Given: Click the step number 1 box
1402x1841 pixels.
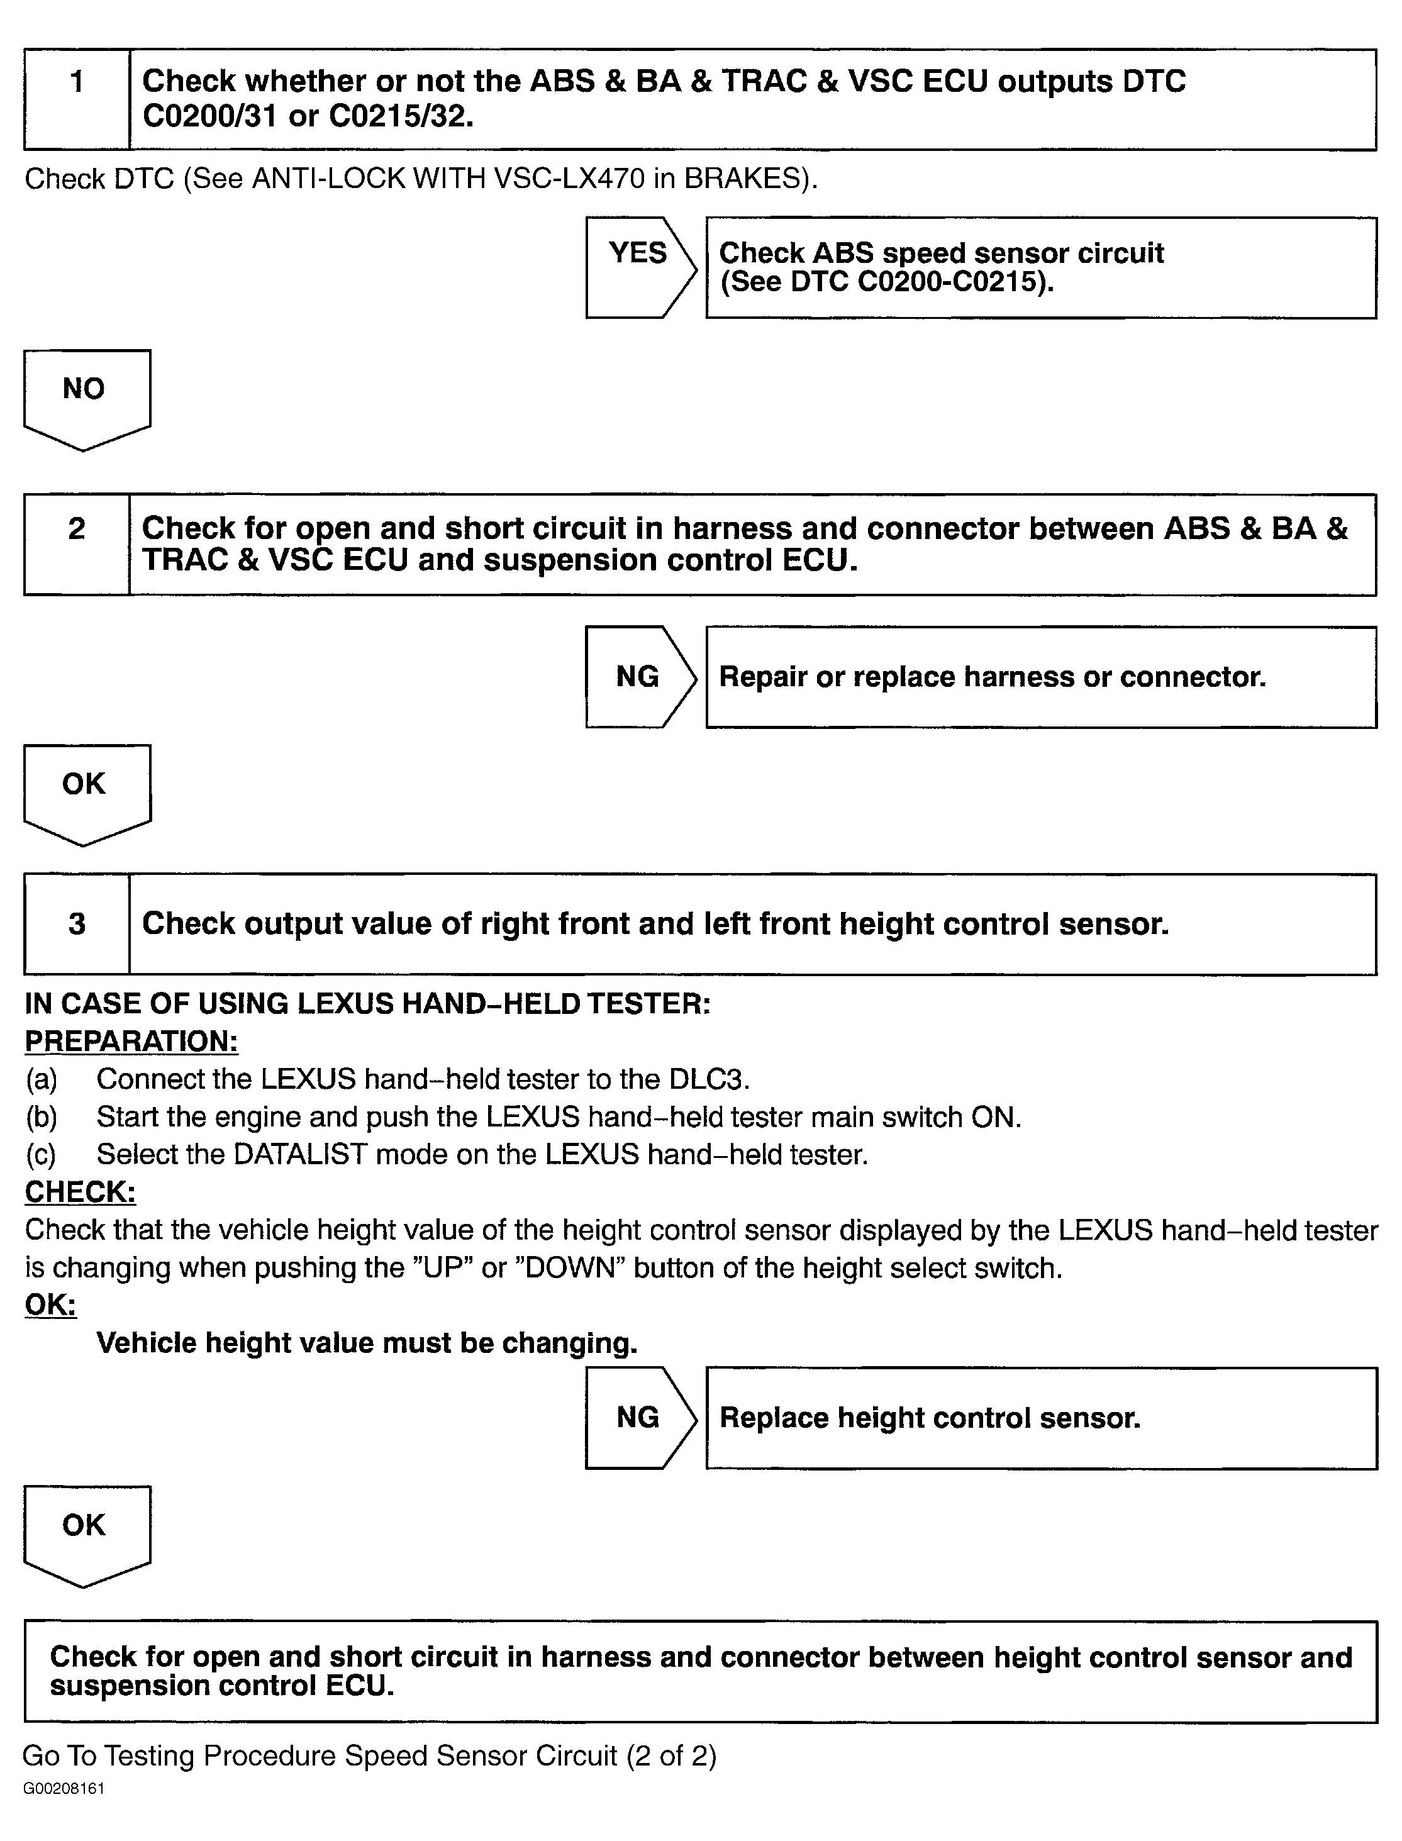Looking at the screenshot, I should (x=77, y=99).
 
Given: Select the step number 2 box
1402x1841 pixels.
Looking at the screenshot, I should (x=77, y=544).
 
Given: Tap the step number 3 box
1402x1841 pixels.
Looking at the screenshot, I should (x=77, y=924).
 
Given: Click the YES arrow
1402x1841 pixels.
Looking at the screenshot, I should (x=639, y=267).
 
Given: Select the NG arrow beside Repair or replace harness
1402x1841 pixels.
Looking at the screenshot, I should (x=639, y=677).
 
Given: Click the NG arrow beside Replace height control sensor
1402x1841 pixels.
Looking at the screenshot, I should (x=639, y=1417).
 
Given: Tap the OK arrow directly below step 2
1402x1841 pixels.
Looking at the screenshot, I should (x=87, y=792).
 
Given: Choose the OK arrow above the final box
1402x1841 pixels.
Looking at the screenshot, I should (x=87, y=1533).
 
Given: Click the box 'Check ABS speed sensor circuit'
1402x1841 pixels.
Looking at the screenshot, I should (x=1041, y=267).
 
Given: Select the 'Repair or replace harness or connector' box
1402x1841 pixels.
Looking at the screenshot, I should (x=1041, y=677).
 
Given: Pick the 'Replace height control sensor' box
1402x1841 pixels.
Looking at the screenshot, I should (x=1041, y=1418).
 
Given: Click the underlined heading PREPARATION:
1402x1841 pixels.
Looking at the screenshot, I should (x=131, y=1041).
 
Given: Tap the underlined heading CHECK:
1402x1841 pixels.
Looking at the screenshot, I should (x=80, y=1192).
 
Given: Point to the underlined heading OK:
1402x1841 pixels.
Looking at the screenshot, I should (x=50, y=1304).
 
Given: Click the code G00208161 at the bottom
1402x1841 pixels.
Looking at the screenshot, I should (x=64, y=1788).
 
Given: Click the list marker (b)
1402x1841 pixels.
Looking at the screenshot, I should (x=41, y=1116).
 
